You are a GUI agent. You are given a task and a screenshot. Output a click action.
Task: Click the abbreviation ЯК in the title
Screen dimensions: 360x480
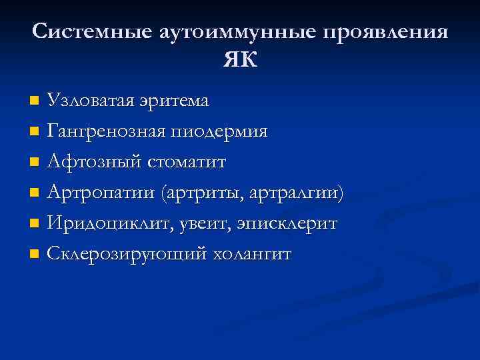point(240,60)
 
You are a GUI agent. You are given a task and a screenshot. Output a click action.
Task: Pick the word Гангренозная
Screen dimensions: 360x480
point(106,131)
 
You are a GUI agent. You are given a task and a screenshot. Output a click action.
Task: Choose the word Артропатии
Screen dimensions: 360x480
point(96,193)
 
